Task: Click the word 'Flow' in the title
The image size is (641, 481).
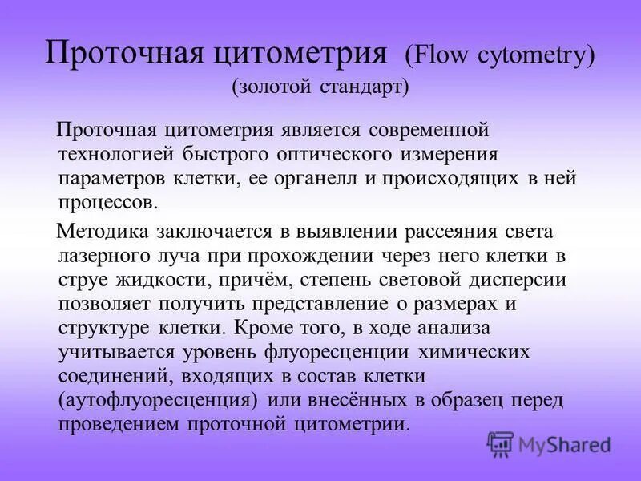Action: (x=440, y=57)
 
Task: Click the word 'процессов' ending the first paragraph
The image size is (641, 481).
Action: (x=107, y=200)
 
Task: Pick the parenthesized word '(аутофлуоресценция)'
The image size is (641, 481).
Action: (x=158, y=399)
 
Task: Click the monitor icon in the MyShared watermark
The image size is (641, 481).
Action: (x=501, y=443)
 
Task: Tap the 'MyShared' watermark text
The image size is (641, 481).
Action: (x=564, y=444)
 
